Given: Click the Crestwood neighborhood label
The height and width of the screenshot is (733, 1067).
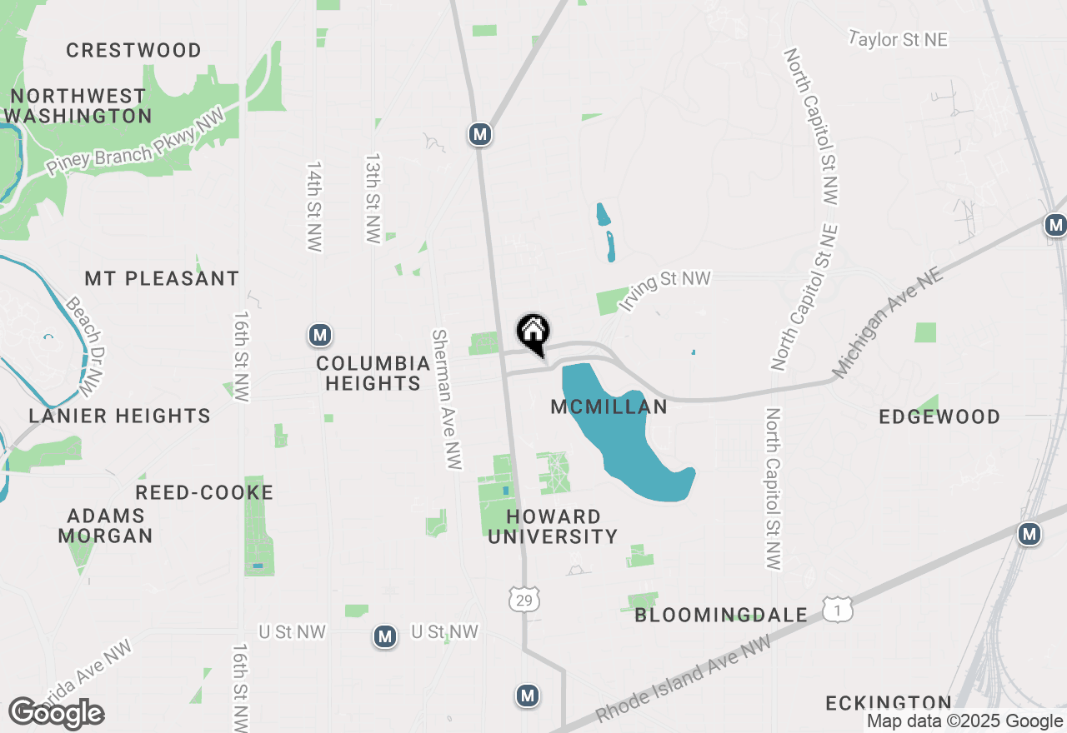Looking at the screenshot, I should (x=133, y=50).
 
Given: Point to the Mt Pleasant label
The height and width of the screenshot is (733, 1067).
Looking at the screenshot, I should (x=162, y=278).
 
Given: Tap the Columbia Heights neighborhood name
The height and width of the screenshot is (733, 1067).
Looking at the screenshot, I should (x=373, y=373).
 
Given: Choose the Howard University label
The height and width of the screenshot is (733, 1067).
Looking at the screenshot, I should (x=553, y=526).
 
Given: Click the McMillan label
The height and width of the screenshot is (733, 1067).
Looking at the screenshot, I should (x=609, y=406).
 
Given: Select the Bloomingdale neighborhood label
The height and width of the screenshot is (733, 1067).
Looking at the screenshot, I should (x=721, y=616).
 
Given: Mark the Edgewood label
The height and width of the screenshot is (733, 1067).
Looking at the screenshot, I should (x=939, y=416).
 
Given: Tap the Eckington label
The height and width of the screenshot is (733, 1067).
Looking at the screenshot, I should (x=889, y=704).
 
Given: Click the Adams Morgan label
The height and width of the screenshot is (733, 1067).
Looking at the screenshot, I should (x=105, y=526).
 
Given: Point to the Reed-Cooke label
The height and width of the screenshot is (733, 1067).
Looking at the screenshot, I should (x=204, y=492).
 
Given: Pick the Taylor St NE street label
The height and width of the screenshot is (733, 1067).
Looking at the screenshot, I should (x=899, y=39).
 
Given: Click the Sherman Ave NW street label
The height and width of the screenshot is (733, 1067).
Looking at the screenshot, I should (x=447, y=399).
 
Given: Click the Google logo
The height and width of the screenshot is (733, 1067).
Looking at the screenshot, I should (x=57, y=714).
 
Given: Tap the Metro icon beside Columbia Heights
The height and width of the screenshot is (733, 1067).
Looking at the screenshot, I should (x=320, y=335).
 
